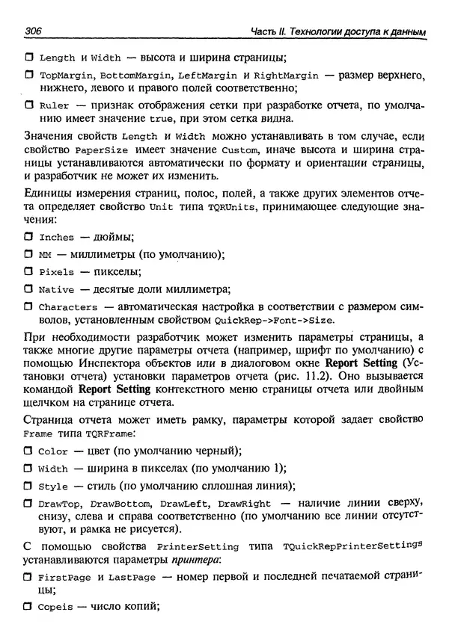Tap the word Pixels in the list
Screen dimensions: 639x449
coord(56,273)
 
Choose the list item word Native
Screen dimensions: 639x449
coord(56,290)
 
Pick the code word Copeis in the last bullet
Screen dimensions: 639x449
coord(55,608)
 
